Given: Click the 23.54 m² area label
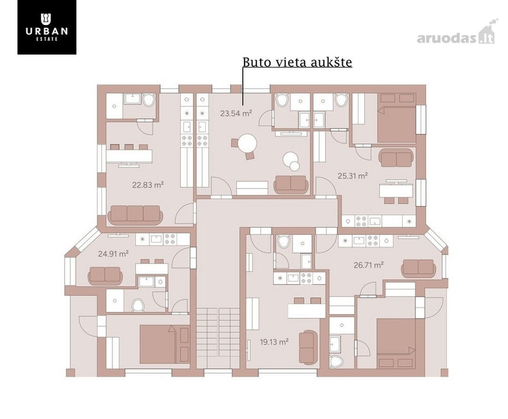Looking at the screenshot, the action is [x=236, y=114].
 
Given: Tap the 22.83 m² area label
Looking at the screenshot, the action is [x=148, y=185].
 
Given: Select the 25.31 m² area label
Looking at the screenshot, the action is [x=352, y=176].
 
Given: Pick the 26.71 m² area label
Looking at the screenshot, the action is [x=369, y=265].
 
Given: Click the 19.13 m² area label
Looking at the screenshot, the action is [x=274, y=342].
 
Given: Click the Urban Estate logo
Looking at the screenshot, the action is [x=47, y=27].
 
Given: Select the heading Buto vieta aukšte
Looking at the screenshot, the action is [x=297, y=62].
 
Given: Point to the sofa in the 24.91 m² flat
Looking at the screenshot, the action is [x=105, y=275].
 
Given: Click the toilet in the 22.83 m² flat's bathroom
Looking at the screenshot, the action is [x=149, y=100].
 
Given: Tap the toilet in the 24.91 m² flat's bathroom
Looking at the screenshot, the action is [x=138, y=305].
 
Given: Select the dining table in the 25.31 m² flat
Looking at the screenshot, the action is [x=396, y=191].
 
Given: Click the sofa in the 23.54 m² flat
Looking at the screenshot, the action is [x=290, y=185].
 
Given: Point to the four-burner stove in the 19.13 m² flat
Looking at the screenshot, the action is [x=308, y=278].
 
